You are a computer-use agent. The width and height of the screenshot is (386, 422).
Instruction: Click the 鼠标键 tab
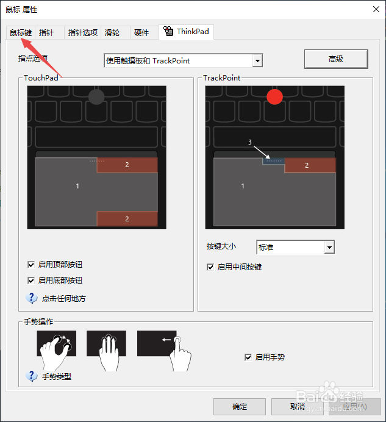tap(21, 32)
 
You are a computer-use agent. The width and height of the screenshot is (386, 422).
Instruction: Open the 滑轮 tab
tap(112, 32)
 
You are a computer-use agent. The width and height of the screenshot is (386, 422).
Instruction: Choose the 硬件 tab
tap(141, 32)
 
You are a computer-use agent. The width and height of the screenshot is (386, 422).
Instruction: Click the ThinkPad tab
tap(187, 32)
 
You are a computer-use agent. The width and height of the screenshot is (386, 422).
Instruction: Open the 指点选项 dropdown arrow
tap(257, 60)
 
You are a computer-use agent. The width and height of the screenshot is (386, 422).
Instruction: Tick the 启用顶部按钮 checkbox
tap(31, 265)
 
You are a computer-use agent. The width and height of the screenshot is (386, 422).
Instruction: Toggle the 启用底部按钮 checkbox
tap(31, 281)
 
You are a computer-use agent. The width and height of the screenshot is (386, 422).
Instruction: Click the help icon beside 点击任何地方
tap(32, 298)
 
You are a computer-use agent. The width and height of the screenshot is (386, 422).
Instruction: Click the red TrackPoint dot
tap(275, 96)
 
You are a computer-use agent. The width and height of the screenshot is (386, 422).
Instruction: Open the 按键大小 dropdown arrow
tap(329, 247)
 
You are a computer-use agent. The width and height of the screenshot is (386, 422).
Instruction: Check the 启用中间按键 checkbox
tap(210, 267)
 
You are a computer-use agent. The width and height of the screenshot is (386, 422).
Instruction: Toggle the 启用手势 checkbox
tap(248, 357)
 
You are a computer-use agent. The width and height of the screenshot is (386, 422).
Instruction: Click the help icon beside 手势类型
tap(32, 376)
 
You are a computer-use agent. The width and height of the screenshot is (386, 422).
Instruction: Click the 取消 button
tap(297, 407)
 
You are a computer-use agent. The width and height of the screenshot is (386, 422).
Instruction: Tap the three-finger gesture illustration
tap(107, 351)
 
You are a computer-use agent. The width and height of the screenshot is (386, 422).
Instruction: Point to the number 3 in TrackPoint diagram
tap(250, 141)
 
